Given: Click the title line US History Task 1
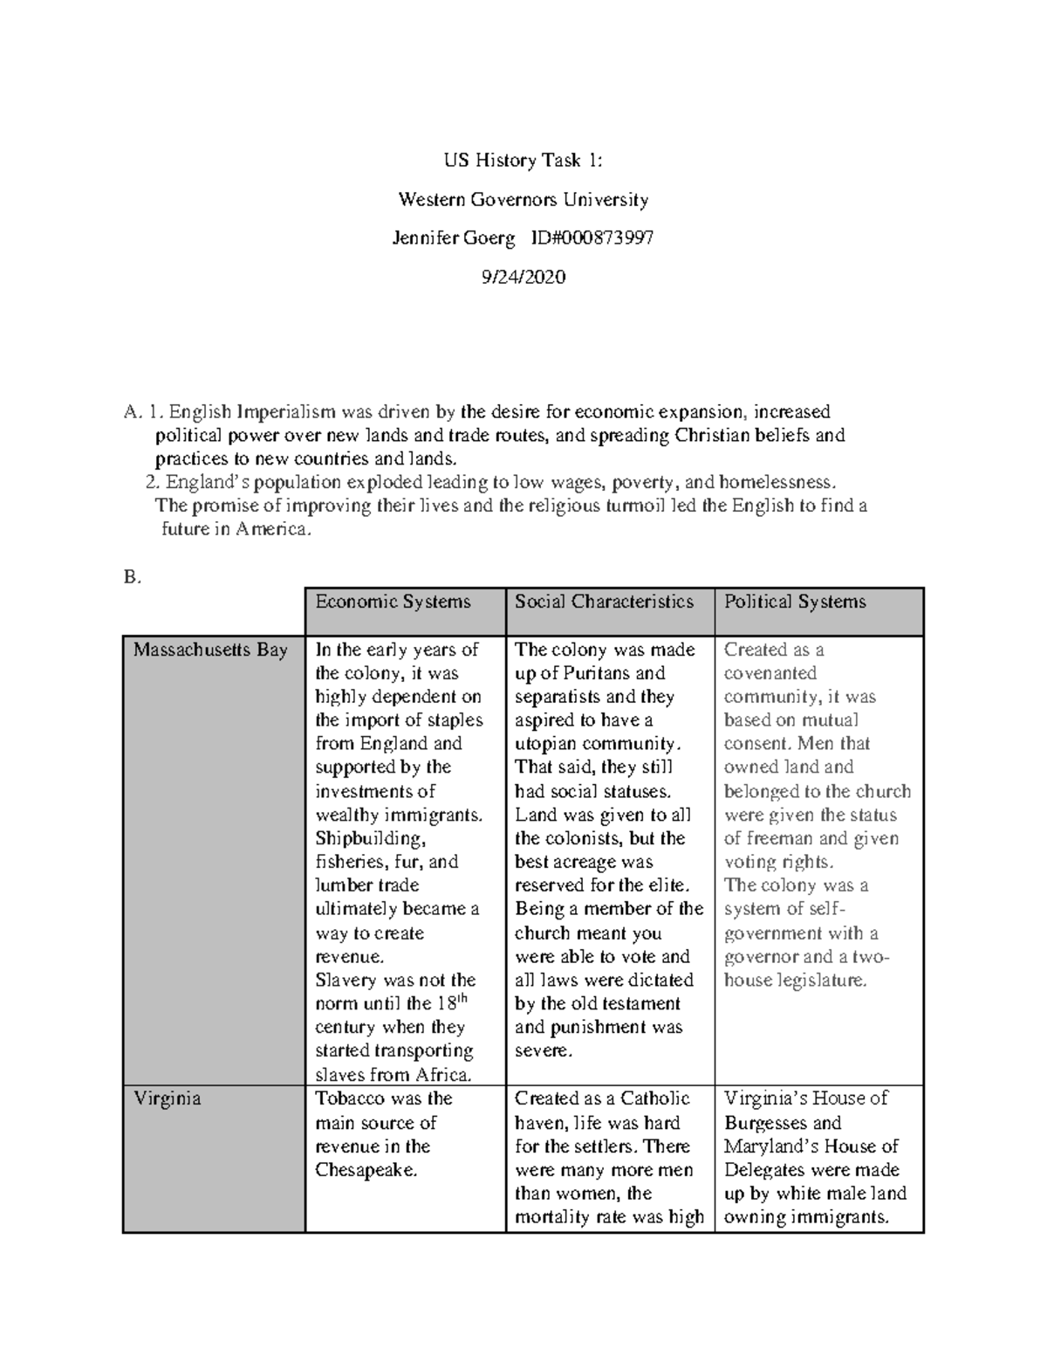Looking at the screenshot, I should coord(523,161).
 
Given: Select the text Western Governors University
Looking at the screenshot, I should coord(523,200).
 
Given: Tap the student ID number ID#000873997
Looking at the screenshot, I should coord(599,238).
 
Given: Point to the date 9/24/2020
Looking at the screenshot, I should coord(523,278).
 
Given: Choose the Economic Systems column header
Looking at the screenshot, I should coord(393,602).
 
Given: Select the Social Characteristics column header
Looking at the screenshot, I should coord(604,602).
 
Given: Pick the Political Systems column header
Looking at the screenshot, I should coord(795,602).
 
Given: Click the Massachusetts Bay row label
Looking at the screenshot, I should coord(210,650).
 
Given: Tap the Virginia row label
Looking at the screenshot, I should coord(167,1098).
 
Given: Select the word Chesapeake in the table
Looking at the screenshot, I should coord(365,1170).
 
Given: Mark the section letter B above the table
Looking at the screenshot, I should coord(132,577).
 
